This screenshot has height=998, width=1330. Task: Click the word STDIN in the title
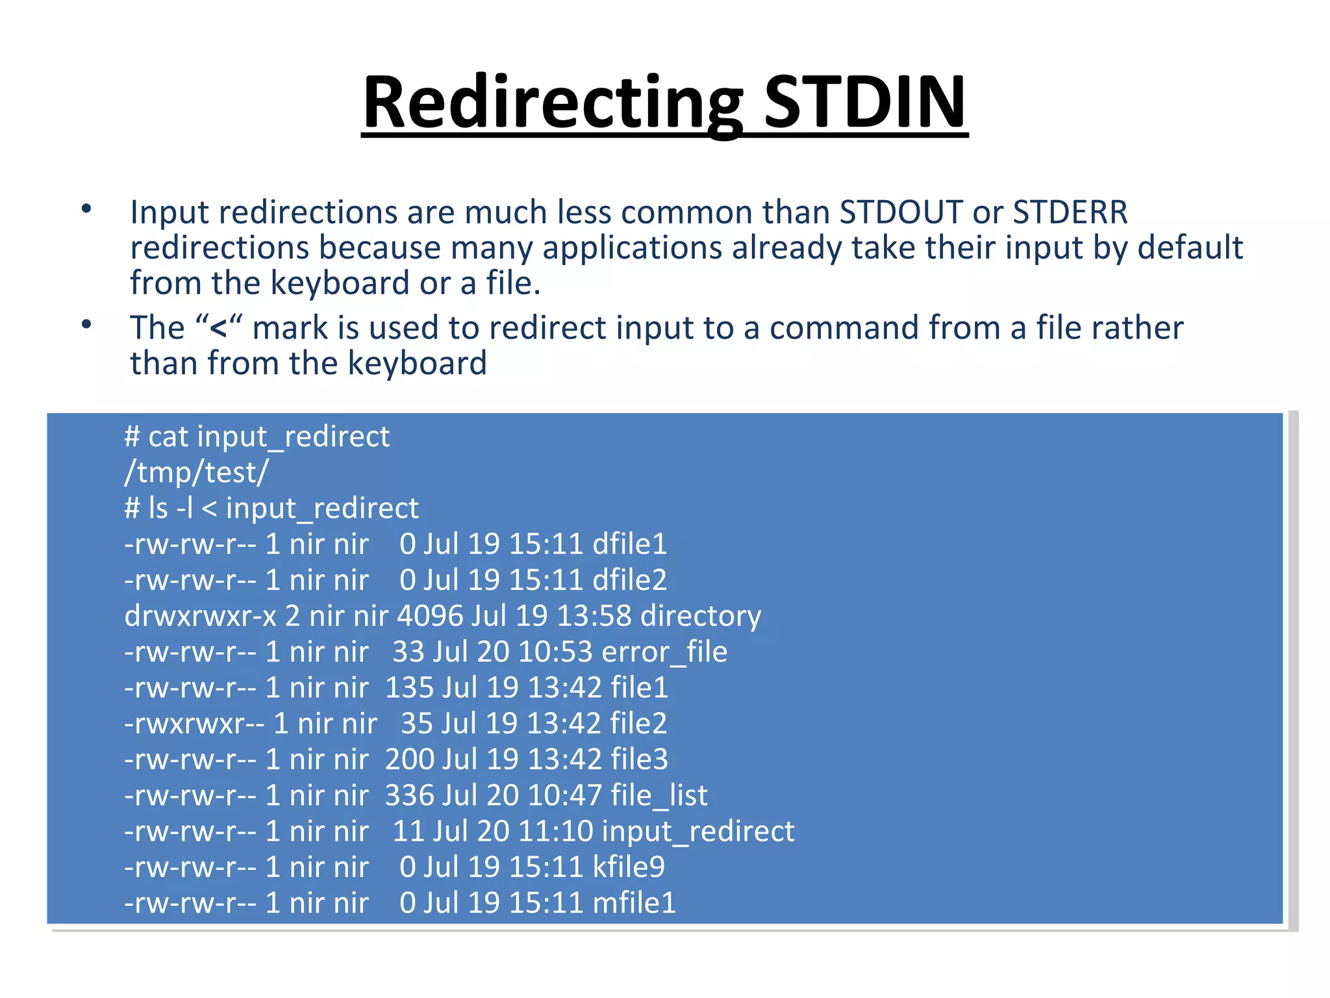[x=865, y=103]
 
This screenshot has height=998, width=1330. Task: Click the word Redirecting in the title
[x=553, y=103]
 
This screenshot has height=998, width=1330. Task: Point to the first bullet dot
[x=86, y=209]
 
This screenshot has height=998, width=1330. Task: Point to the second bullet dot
[x=86, y=324]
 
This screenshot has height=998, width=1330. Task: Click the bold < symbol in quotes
[x=218, y=328]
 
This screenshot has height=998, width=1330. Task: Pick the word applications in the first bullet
[x=632, y=248]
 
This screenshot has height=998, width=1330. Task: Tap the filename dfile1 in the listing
[x=629, y=544]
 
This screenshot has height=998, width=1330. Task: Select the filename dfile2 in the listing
[x=629, y=580]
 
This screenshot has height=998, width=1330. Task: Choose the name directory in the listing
[x=700, y=616]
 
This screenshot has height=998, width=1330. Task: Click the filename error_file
[x=664, y=652]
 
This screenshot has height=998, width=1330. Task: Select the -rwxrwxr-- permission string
[x=194, y=724]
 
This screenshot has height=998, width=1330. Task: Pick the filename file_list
[x=659, y=795]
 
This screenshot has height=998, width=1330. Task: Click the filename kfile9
[x=629, y=867]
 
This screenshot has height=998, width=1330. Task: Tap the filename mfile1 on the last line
[x=634, y=902]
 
